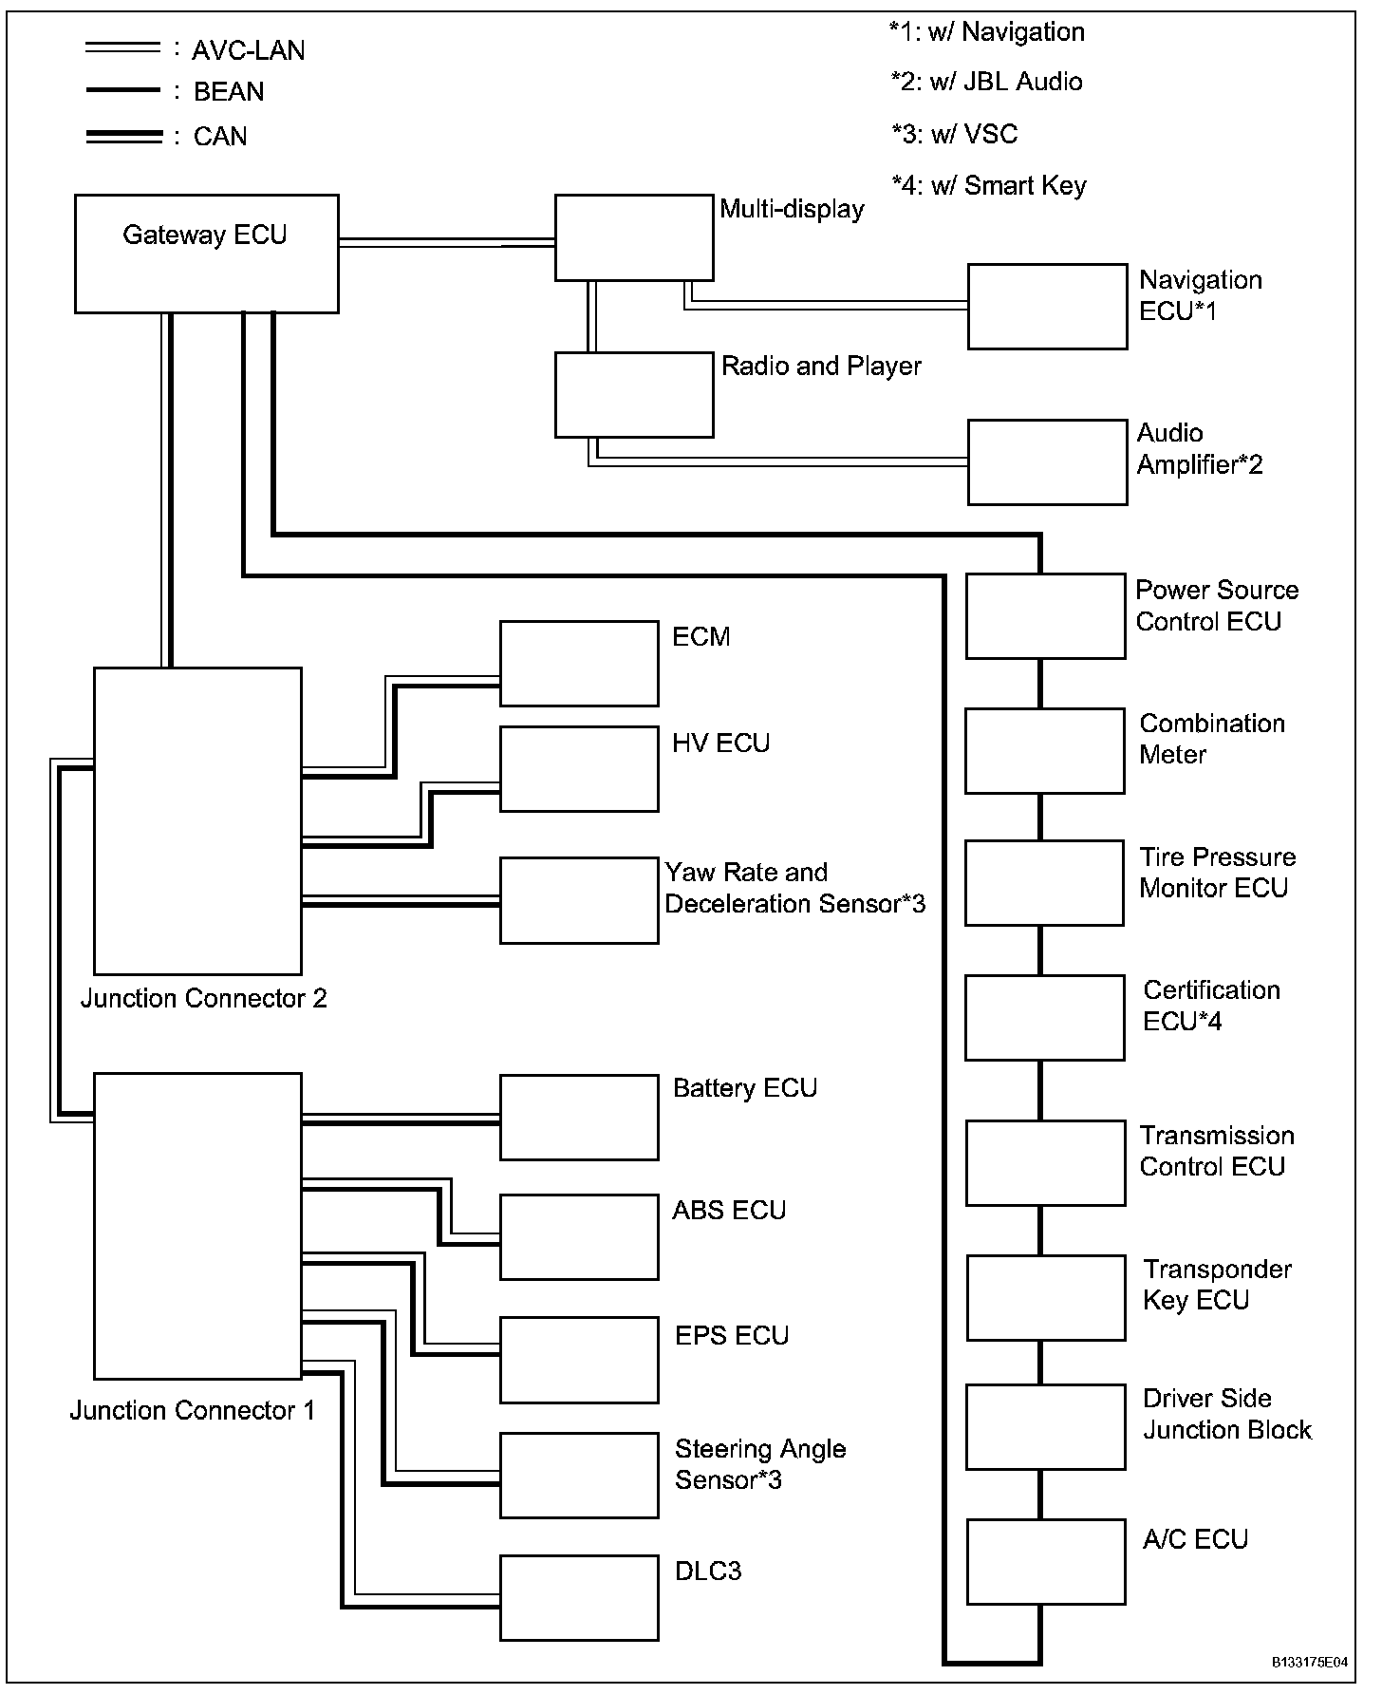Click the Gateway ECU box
click(x=206, y=254)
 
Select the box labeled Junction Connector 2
click(x=197, y=820)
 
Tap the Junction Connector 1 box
click(x=197, y=1225)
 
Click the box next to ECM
click(x=579, y=664)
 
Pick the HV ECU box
click(x=579, y=769)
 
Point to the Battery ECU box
click(x=579, y=1117)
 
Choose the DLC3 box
click(x=579, y=1597)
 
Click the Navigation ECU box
click(x=1047, y=306)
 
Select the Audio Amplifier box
click(x=1047, y=462)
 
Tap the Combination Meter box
click(x=1044, y=750)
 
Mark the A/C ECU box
click(x=1046, y=1561)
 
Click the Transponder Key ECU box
click(x=1046, y=1297)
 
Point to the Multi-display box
click(x=634, y=237)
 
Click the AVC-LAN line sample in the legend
click(x=122, y=47)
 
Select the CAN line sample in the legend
click(x=123, y=137)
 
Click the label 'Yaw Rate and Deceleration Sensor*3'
click(x=794, y=888)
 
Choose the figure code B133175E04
click(x=1309, y=1663)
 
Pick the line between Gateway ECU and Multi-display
click(x=446, y=243)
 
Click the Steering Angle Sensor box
click(x=579, y=1475)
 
